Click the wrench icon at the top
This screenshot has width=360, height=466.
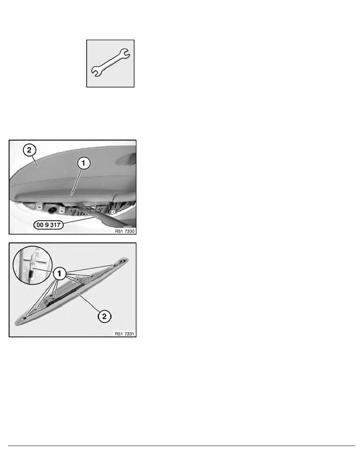click(110, 63)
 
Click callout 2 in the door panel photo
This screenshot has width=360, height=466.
click(29, 150)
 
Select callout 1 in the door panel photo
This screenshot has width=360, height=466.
click(84, 163)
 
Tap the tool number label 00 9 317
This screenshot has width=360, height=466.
click(48, 225)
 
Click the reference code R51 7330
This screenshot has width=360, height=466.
click(125, 231)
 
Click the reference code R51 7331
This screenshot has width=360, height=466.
click(125, 334)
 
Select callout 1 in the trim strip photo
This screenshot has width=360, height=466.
click(60, 273)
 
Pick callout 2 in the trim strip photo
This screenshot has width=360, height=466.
click(104, 316)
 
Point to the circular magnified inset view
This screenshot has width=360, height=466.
click(33, 265)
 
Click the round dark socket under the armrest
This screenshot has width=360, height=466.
click(52, 209)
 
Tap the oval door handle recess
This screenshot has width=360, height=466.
click(127, 158)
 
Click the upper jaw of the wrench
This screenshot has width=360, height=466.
click(125, 54)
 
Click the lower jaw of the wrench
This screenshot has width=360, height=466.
click(96, 72)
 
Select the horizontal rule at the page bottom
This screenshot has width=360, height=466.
click(182, 446)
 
